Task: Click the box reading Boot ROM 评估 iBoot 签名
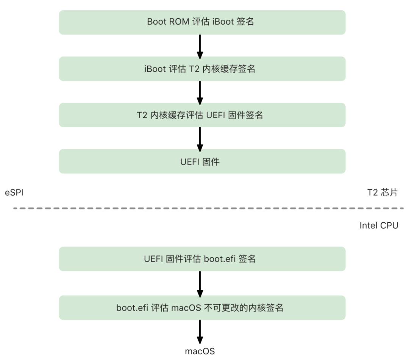pos(202,22)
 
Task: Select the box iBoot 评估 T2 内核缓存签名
pos(202,69)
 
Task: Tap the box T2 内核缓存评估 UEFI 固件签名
pos(202,115)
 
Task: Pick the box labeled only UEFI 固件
pos(202,161)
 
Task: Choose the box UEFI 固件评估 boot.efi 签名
pos(202,259)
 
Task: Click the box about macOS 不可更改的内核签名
pos(202,308)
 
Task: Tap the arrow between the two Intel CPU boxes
pos(200,283)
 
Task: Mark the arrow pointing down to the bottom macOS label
pos(200,332)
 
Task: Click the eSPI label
pos(14,193)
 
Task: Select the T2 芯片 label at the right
pos(383,193)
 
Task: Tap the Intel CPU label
pos(379,226)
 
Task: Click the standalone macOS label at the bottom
pos(200,351)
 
